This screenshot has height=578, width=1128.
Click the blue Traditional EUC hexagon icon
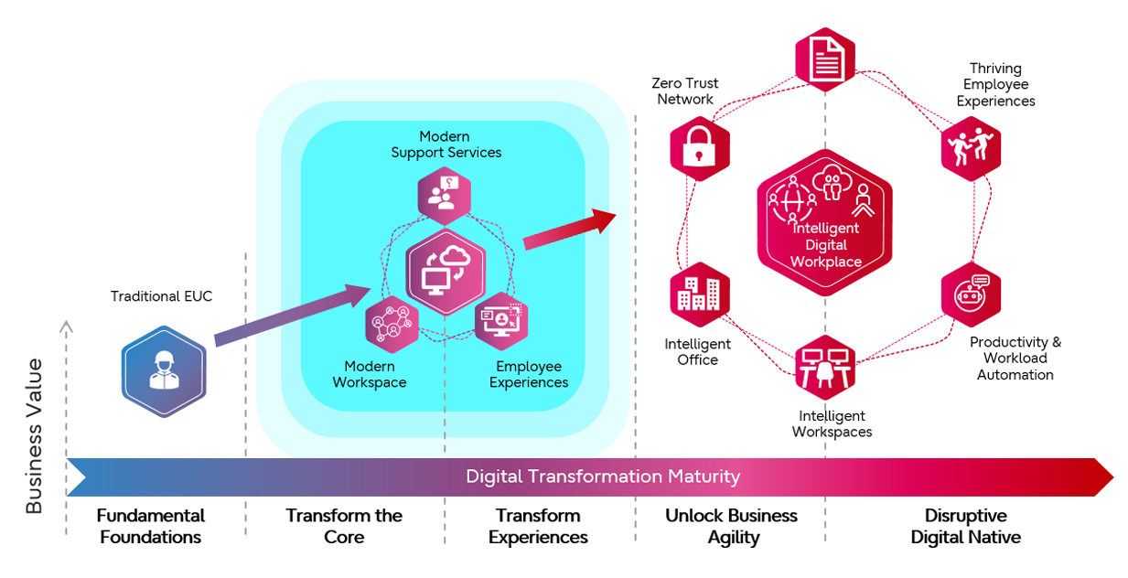coord(164,370)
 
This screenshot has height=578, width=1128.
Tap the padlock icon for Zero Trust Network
coord(699,147)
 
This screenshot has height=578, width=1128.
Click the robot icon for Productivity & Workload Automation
coord(971,294)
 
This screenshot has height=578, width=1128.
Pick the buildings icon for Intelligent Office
coord(700,294)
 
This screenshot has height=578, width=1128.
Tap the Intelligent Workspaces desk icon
coord(824,367)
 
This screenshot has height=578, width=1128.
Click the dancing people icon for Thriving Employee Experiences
coord(971,147)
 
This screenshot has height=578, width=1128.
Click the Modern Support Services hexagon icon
coord(445,194)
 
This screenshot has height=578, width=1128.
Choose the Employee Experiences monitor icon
coord(501,321)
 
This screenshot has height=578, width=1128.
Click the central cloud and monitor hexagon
coord(446,272)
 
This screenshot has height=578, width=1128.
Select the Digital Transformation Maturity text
coord(602,476)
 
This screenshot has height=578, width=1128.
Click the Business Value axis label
coord(34,436)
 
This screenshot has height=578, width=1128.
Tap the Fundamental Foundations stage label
coord(151,526)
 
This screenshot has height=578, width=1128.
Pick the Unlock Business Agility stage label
coord(731,526)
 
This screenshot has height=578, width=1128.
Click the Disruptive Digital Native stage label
coord(965,526)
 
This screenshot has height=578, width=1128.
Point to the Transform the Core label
coord(344,526)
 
